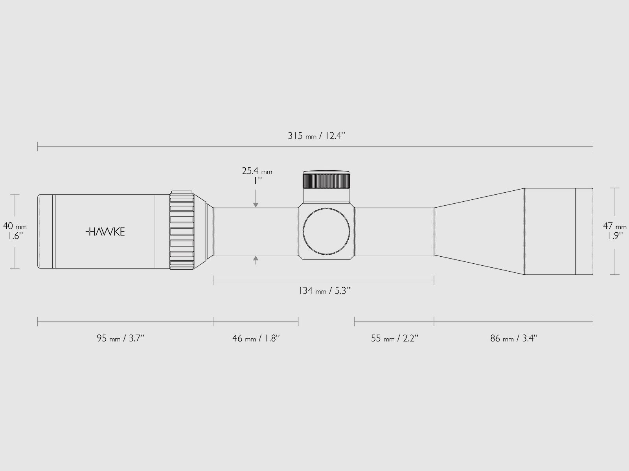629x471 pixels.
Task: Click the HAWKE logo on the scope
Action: pos(105,232)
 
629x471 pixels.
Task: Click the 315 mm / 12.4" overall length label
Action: pos(316,136)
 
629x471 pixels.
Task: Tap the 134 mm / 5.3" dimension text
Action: pos(324,291)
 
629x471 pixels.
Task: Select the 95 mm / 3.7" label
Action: pos(121,338)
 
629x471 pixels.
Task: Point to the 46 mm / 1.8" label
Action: pos(256,338)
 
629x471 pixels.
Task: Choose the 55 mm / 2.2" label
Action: pos(394,338)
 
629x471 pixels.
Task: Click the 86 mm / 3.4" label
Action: pos(513,338)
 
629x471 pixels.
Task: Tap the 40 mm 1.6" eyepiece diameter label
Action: pos(15,231)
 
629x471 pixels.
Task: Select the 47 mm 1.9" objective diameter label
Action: pos(615,231)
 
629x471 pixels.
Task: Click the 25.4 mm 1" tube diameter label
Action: pos(257,175)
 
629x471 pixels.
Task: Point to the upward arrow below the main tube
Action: pos(256,259)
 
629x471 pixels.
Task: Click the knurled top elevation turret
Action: pos(326,181)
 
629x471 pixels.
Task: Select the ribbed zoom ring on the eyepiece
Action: pos(182,231)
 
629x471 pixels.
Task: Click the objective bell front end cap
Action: pos(584,232)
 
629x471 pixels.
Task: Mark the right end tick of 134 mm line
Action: pos(434,280)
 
